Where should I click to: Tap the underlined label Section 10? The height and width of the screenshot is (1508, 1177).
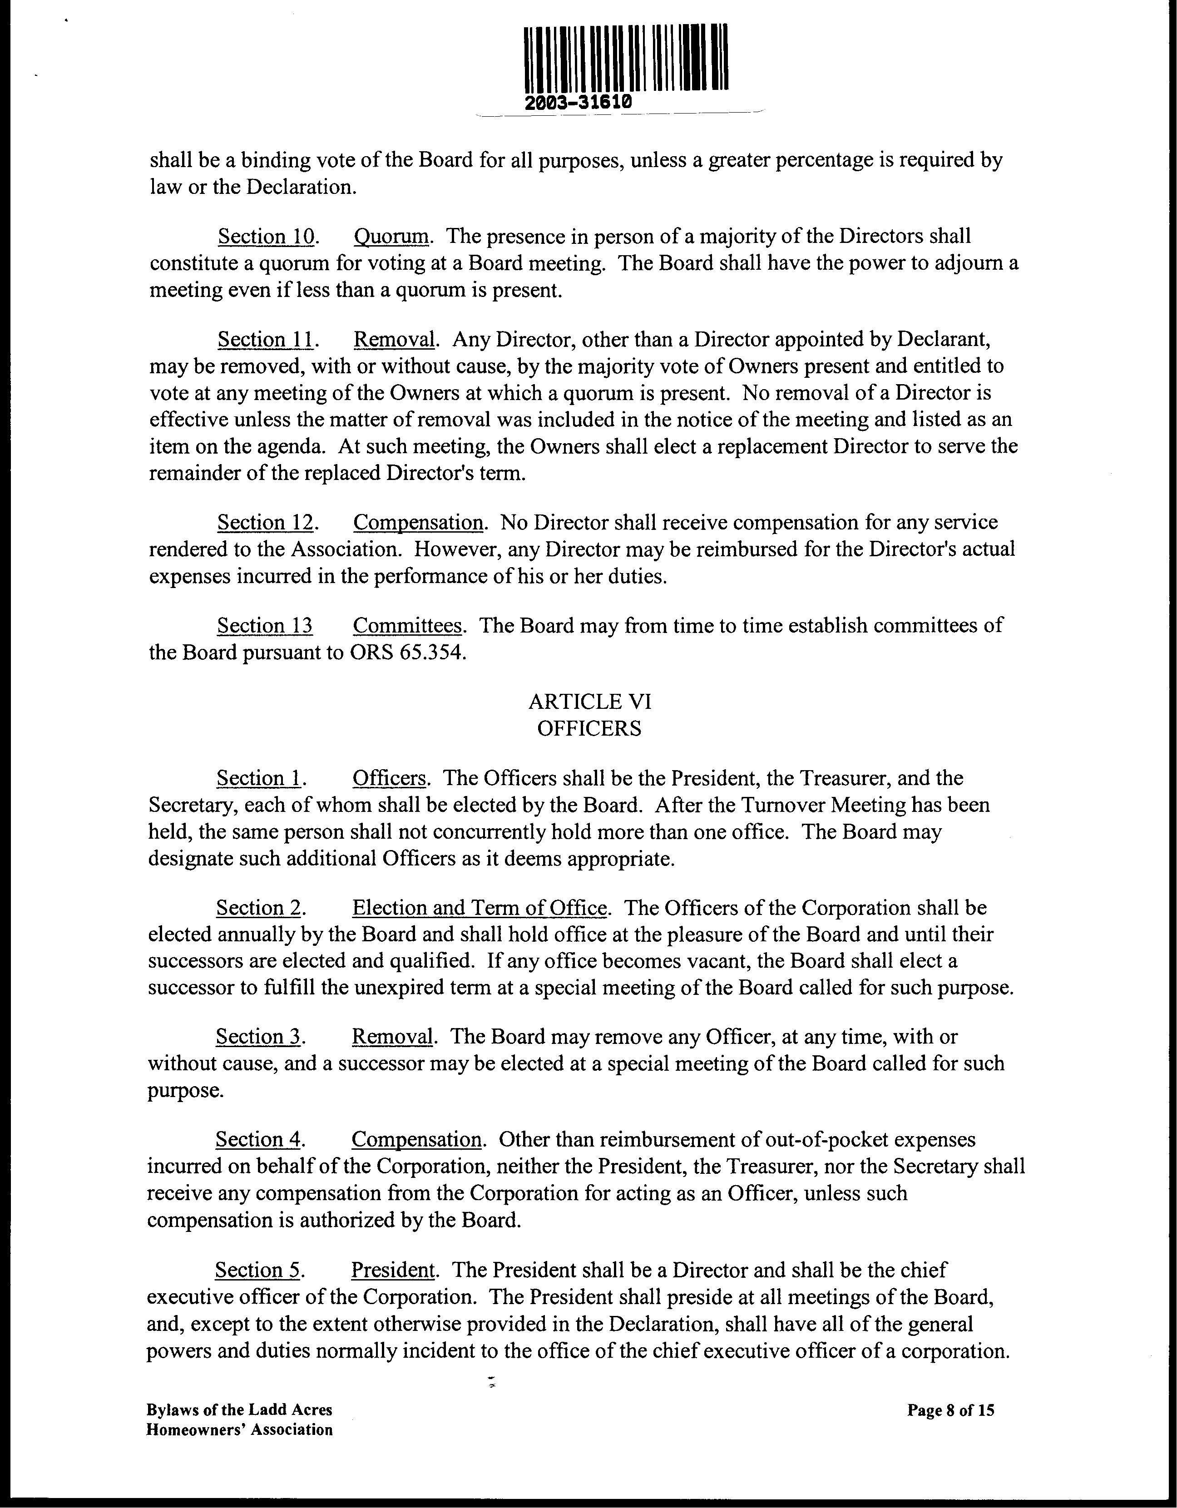[x=267, y=237]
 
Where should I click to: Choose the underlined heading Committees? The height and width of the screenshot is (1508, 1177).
[x=406, y=626]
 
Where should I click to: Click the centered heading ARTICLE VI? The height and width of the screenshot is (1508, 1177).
[x=589, y=702]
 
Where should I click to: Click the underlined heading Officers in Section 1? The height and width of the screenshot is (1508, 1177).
[x=389, y=778]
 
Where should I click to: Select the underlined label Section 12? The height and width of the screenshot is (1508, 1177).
[x=266, y=523]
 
